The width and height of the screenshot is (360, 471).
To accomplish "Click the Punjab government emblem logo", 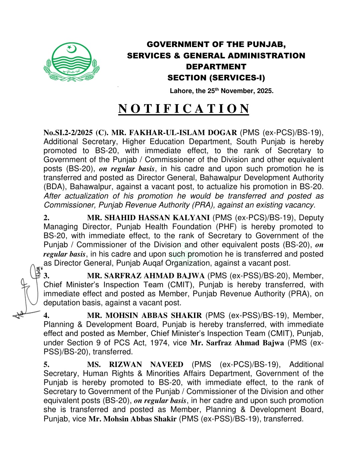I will [71, 62].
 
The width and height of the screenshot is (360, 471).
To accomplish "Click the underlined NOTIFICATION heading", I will [184, 109].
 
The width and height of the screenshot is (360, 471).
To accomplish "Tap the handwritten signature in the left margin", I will [28, 290].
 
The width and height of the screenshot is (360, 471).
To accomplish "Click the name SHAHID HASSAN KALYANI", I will [148, 218].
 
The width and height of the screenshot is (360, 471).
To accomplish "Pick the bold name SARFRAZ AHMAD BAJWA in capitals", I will [146, 276].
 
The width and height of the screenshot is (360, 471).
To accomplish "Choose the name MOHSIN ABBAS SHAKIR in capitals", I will [144, 316].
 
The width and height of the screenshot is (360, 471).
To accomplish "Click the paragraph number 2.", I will [47, 218].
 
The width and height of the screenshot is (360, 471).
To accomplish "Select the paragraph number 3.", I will [47, 276].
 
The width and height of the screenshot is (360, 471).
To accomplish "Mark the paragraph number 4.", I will [47, 316].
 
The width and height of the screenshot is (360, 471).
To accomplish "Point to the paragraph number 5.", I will [47, 365].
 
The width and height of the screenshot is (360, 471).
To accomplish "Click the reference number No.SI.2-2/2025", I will [68, 133].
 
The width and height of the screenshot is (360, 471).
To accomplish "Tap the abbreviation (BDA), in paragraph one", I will [55, 187].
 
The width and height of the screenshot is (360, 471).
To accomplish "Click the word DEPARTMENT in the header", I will [216, 67].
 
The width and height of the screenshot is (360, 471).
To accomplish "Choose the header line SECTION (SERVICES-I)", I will [216, 78].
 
